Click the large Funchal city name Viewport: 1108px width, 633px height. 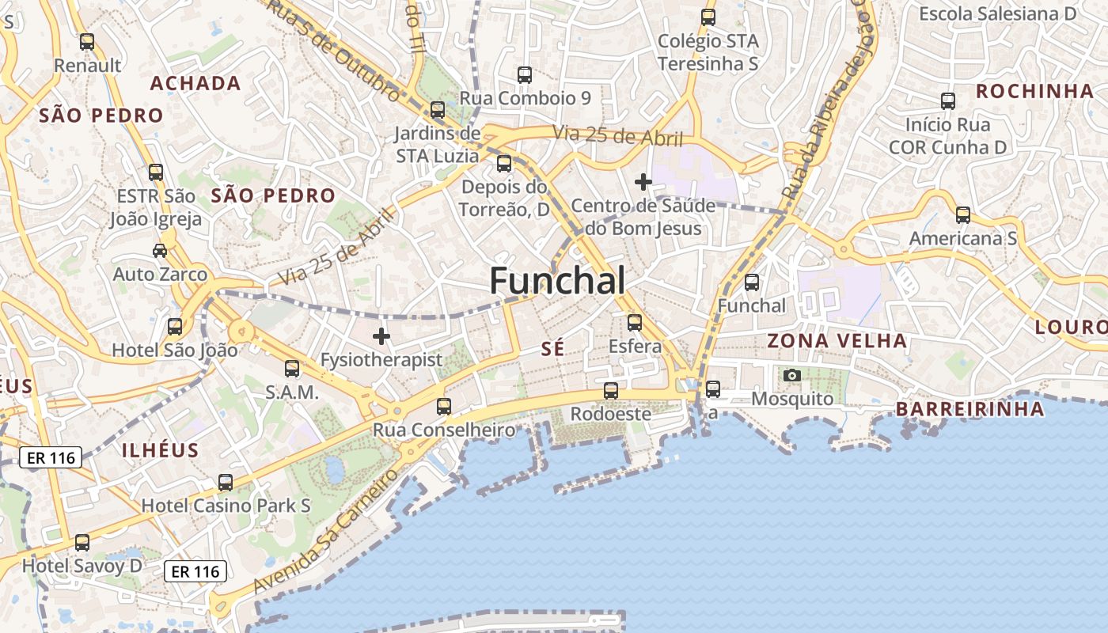click(557, 281)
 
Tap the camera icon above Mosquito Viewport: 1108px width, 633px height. click(792, 375)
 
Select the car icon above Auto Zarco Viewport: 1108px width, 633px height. click(160, 251)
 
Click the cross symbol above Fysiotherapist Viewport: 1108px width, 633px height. click(381, 336)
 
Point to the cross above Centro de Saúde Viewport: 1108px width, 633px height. click(643, 183)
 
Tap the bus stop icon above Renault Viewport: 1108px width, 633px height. click(87, 42)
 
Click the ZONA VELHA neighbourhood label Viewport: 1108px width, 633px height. click(837, 341)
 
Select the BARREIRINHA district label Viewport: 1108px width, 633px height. click(970, 409)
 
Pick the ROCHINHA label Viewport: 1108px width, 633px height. click(1034, 91)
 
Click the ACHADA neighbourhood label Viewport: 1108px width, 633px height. click(195, 84)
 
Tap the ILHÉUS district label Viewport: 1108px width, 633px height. click(160, 450)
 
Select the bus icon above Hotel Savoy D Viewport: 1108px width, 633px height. click(82, 543)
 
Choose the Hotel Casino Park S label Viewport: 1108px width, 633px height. click(226, 506)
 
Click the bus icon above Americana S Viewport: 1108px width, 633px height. click(963, 215)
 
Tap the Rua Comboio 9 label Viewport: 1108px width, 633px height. click(526, 99)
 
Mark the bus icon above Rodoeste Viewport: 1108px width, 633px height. click(611, 391)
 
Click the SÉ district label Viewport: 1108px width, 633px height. click(552, 349)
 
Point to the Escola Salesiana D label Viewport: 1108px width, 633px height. click(997, 13)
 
